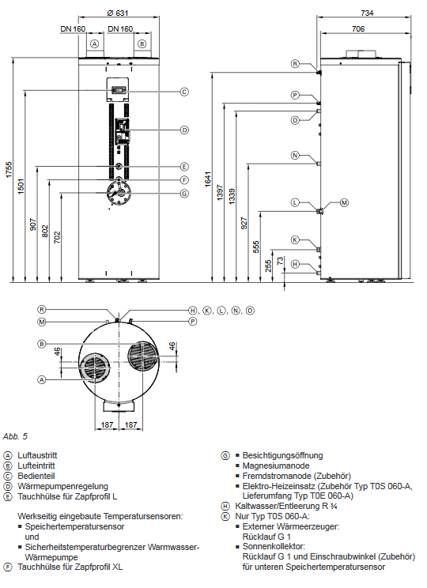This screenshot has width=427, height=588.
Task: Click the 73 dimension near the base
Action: [x=279, y=261]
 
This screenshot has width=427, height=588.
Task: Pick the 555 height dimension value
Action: [x=255, y=246]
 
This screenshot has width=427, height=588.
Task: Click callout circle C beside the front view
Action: [x=183, y=91]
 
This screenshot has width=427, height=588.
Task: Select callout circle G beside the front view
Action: [x=183, y=193]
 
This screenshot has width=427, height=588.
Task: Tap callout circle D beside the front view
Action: [x=183, y=130]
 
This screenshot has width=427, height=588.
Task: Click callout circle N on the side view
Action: [x=294, y=156]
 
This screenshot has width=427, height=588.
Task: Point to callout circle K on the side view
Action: [x=294, y=239]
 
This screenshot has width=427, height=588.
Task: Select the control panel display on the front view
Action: [x=118, y=89]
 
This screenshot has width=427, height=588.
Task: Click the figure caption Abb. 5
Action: [x=15, y=435]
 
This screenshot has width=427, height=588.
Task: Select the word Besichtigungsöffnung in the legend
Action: [x=282, y=456]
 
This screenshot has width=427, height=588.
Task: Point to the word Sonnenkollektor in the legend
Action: [x=274, y=546]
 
